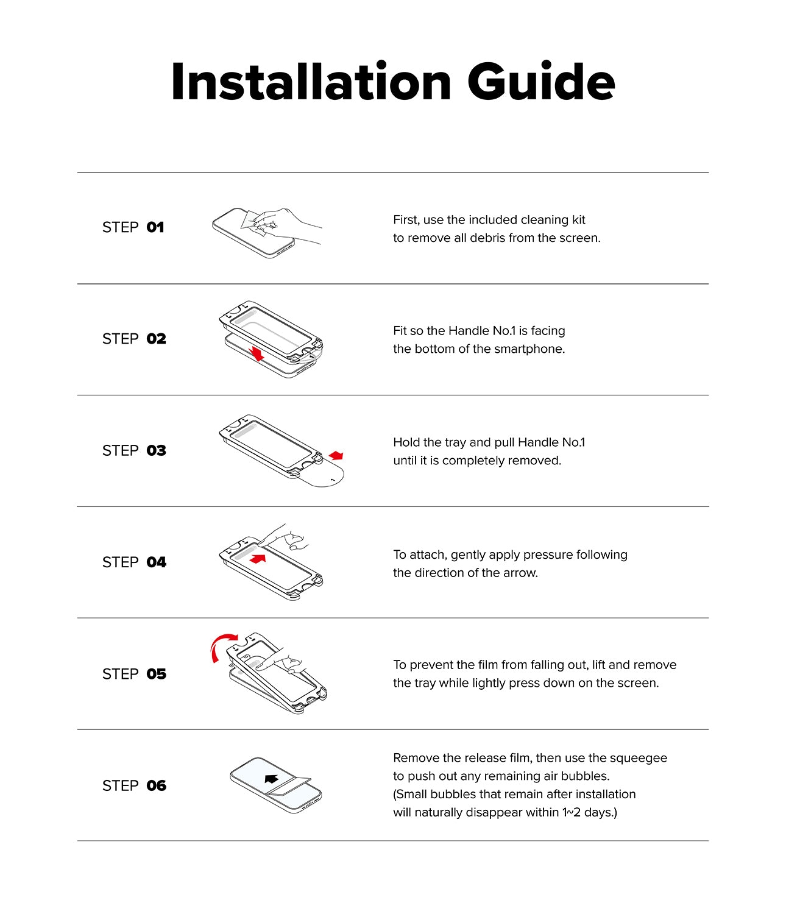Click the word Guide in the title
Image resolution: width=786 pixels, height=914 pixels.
(541, 82)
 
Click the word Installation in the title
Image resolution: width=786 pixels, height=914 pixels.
(311, 82)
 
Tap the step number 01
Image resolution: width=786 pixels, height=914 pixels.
(155, 227)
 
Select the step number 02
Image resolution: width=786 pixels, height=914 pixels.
(156, 339)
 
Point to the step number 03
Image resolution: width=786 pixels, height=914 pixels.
(156, 450)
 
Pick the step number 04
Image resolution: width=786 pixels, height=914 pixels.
(156, 562)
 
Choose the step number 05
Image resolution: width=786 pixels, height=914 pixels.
(156, 674)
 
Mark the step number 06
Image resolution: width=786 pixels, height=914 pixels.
(156, 786)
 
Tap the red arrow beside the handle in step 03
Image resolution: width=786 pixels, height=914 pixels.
(336, 455)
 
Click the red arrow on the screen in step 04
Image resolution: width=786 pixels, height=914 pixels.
(258, 559)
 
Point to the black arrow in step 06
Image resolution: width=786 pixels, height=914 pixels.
(271, 779)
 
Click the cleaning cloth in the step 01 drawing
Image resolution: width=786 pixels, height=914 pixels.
(257, 222)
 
